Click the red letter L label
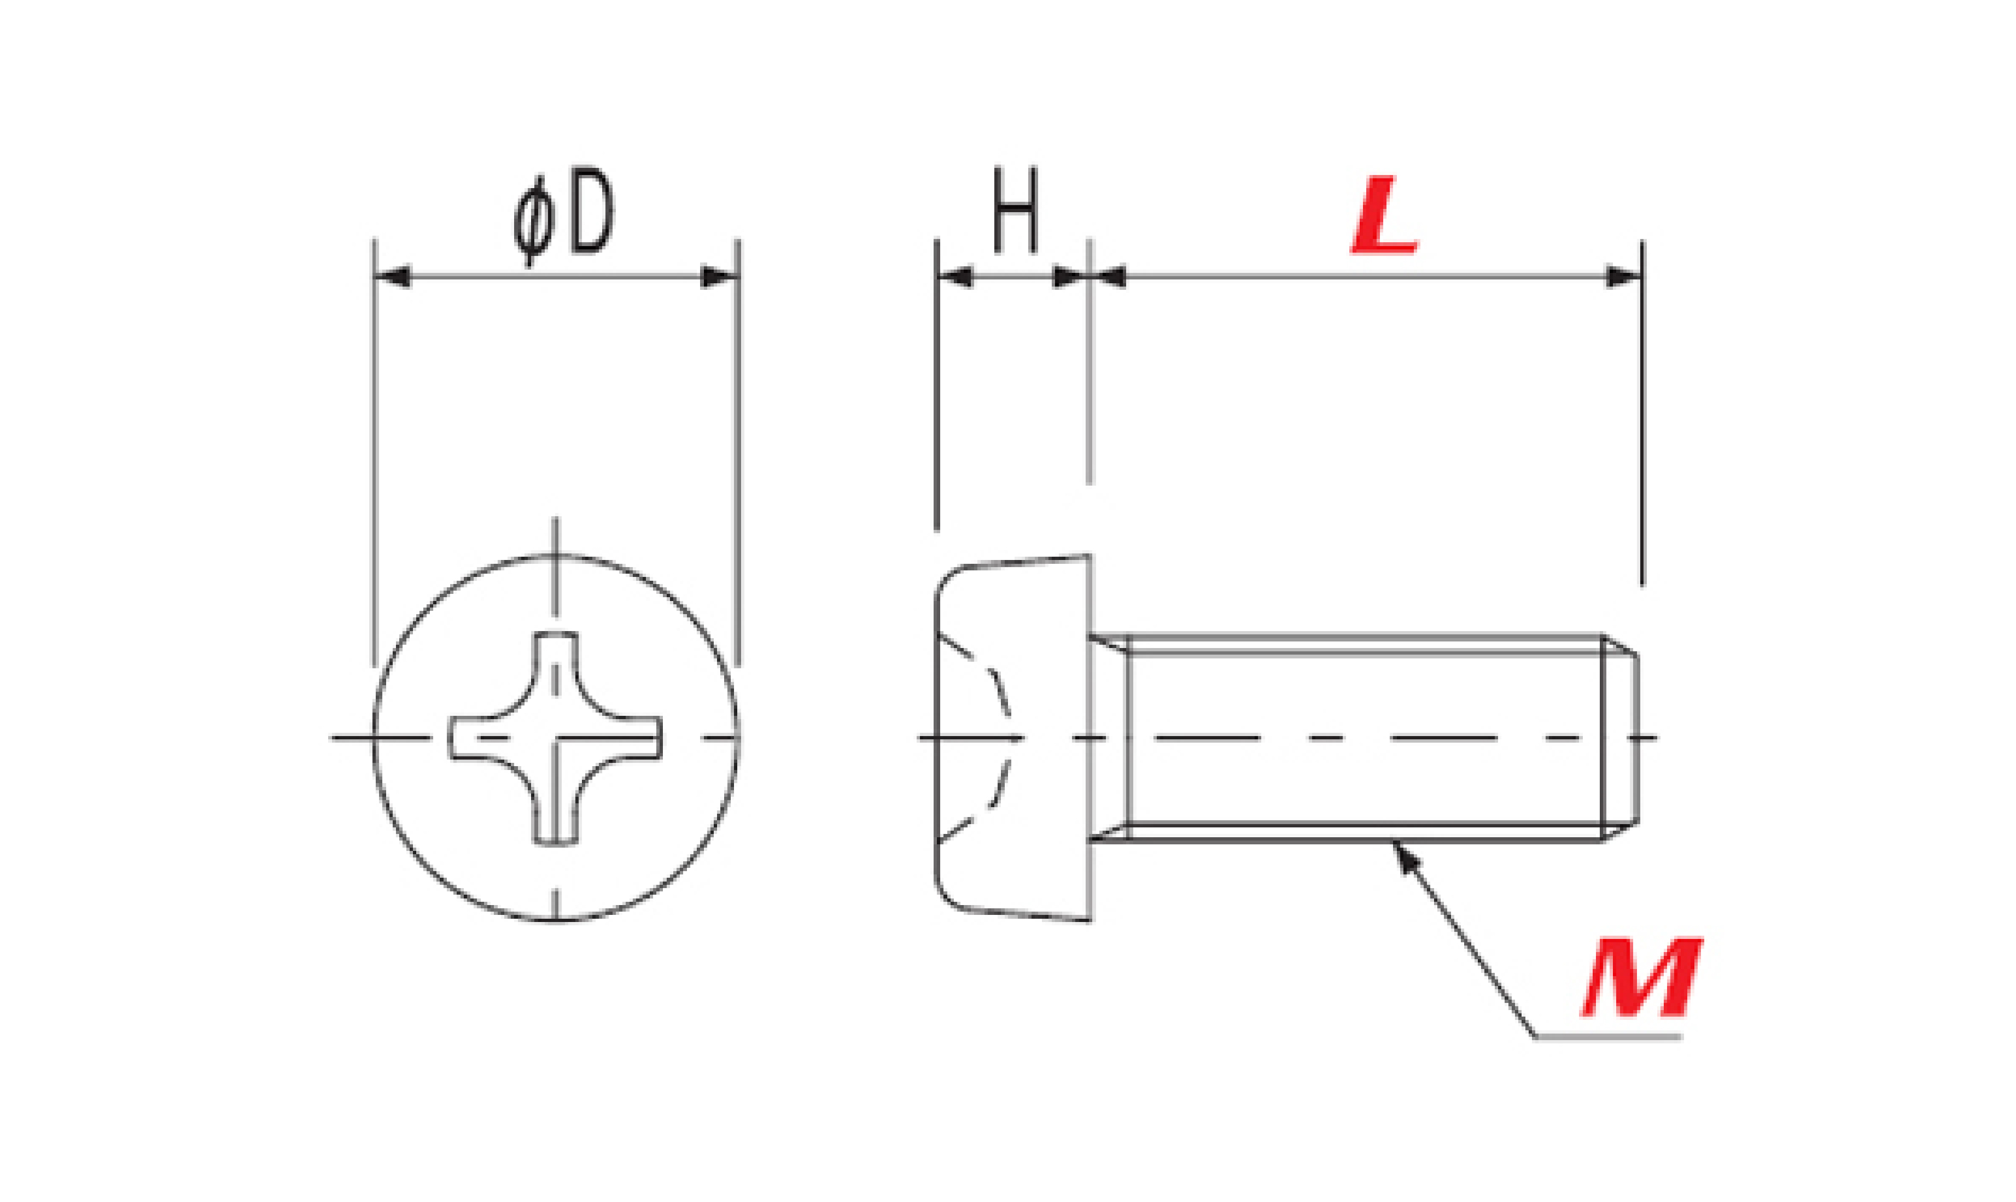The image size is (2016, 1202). (x=1384, y=215)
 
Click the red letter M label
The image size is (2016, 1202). (x=1642, y=978)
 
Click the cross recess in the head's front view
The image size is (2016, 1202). (x=556, y=738)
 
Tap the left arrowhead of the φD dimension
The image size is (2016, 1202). (x=393, y=277)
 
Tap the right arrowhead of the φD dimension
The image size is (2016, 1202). (x=719, y=277)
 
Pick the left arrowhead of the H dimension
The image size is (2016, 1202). (x=955, y=277)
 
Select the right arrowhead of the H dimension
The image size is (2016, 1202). (x=1070, y=277)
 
